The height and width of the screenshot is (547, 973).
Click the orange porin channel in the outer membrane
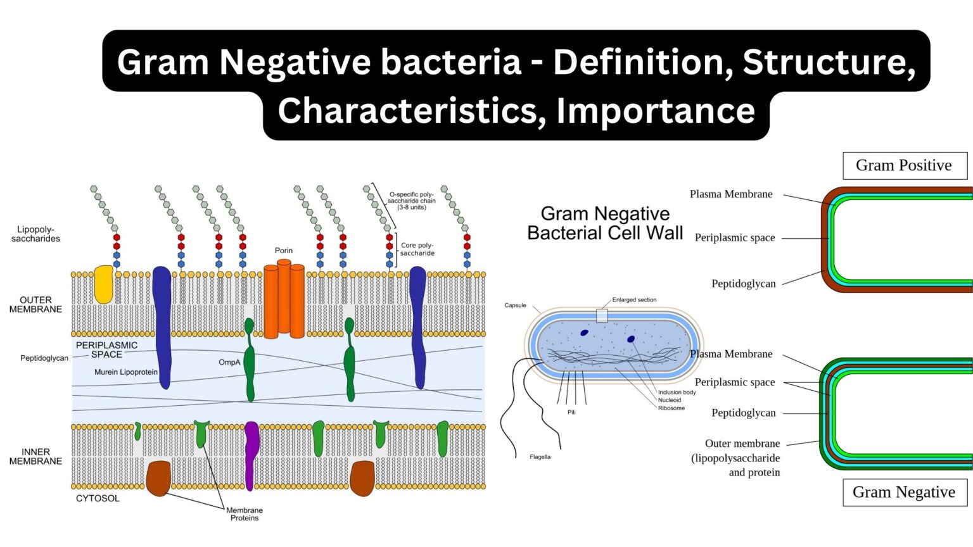[x=284, y=301]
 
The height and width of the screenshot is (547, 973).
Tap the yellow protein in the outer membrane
[x=103, y=284]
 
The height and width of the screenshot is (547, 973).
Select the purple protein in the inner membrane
[x=251, y=455]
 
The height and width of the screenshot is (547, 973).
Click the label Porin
[x=284, y=251]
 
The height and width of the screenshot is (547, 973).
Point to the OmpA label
[x=229, y=363]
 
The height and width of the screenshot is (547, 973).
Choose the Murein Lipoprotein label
[x=126, y=372]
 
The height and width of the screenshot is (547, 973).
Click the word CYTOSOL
[x=98, y=499]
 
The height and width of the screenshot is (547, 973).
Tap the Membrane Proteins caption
[x=245, y=514]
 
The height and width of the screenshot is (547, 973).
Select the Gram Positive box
[x=904, y=166]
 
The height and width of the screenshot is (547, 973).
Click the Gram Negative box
[x=904, y=493]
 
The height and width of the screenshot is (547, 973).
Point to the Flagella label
[x=540, y=457]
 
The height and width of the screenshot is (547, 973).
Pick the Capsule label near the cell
[x=515, y=305]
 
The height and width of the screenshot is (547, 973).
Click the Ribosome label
[x=671, y=408]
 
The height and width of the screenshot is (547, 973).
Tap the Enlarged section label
[x=634, y=300]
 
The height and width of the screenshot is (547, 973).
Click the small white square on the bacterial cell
[x=602, y=315]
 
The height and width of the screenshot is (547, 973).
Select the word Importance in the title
[x=656, y=111]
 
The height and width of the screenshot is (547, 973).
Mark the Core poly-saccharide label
[x=417, y=249]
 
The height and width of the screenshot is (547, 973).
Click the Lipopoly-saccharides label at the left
[x=35, y=234]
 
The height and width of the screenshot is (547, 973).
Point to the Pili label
[x=571, y=412]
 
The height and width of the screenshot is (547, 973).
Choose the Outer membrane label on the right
[x=742, y=444]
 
